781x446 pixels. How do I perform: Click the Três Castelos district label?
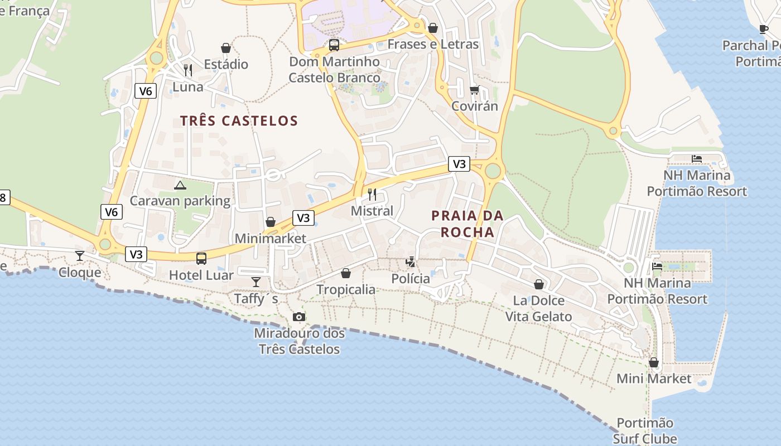coord(239,121)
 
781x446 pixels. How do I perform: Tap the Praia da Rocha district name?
coord(467,224)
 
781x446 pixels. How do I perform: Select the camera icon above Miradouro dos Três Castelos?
coord(299,317)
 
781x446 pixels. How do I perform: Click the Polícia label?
coord(411,278)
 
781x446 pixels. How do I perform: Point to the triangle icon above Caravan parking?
coord(180,185)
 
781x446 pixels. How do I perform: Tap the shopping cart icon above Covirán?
coord(474,89)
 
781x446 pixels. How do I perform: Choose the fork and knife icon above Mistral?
coord(372,195)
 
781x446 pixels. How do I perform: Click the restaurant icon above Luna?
coord(188,70)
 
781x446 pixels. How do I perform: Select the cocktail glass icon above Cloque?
coord(80,256)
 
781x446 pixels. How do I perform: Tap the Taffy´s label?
coord(256,299)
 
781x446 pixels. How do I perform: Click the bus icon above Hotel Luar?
coord(201,259)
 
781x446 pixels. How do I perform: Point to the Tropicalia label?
coord(346,289)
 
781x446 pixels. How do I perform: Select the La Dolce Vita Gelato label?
coord(539,308)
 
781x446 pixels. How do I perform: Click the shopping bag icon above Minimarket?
coord(271,222)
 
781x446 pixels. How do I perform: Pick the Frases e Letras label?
coord(433,44)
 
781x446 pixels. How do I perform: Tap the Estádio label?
coord(226,64)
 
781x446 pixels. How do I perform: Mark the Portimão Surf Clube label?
coord(645,430)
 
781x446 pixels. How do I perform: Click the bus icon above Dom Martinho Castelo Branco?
coord(334,45)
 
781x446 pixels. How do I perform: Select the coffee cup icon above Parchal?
coord(764,29)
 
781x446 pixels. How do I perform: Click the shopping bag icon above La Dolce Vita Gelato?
coord(539,284)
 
